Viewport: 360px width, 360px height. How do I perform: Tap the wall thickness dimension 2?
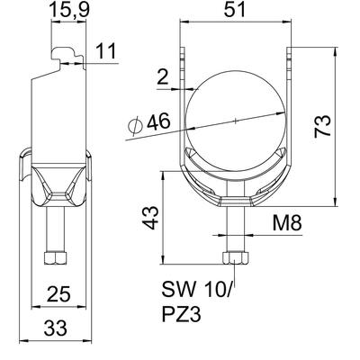[162, 78]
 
